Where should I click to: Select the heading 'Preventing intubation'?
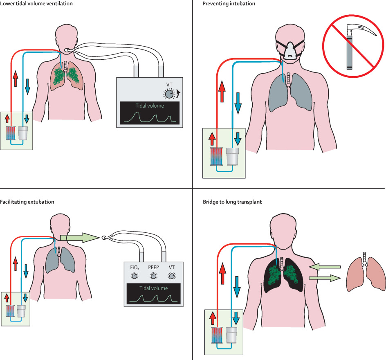click(x=229, y=4)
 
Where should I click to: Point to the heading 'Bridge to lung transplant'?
click(x=232, y=202)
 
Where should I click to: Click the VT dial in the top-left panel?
click(x=168, y=94)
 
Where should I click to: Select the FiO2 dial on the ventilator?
click(x=134, y=276)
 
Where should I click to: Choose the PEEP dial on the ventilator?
click(x=153, y=276)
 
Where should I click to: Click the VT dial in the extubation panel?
click(x=172, y=276)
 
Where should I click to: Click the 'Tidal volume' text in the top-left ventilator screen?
click(x=150, y=106)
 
